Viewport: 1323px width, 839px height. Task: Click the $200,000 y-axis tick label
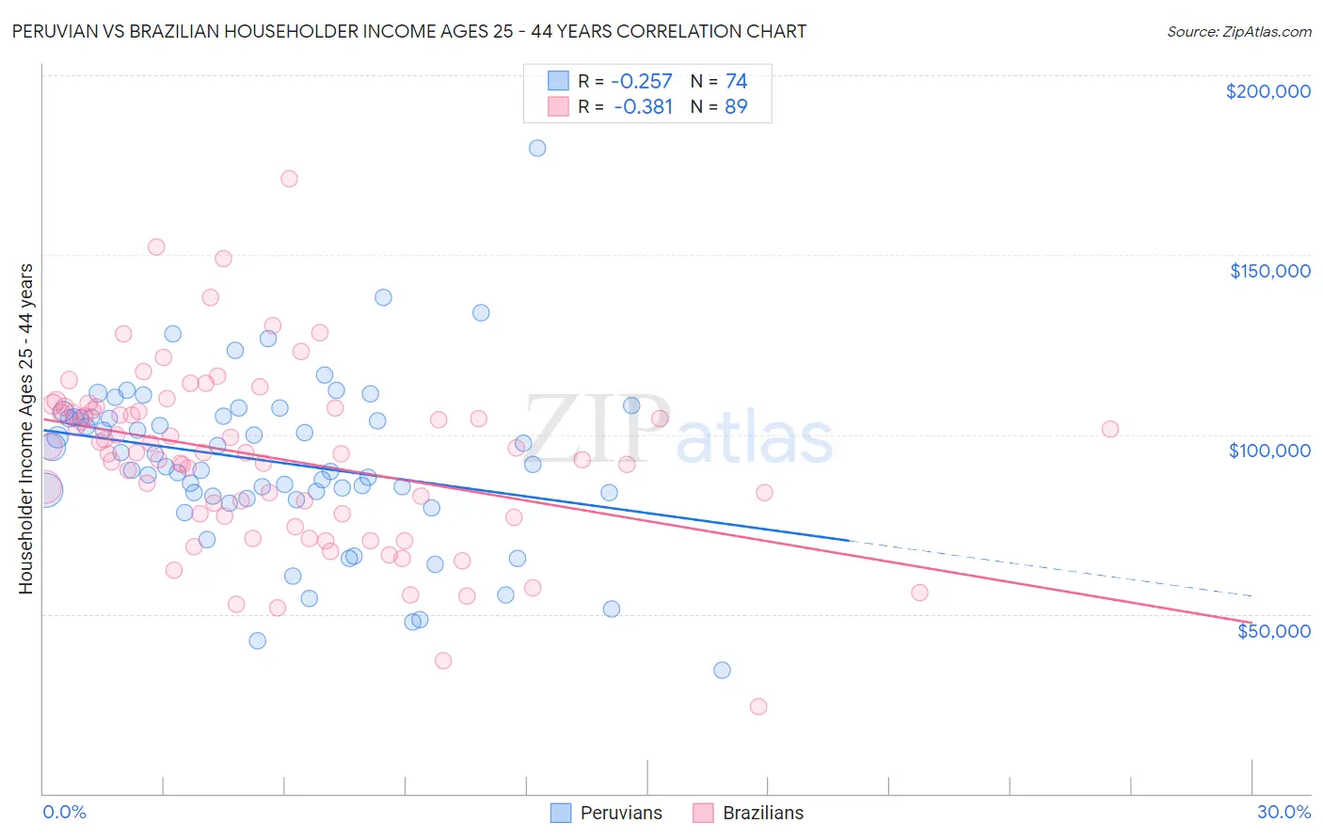(x=1267, y=91)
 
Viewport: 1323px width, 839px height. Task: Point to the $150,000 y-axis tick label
(x=1269, y=271)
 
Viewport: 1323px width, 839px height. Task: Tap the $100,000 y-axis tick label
(x=1269, y=451)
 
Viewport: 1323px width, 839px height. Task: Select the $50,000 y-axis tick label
(x=1273, y=631)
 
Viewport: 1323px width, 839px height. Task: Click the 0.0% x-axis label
(x=64, y=812)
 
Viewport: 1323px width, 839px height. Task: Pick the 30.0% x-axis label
(x=1283, y=812)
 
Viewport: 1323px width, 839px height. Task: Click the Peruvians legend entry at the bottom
(x=620, y=813)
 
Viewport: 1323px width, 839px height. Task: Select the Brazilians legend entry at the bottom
(x=762, y=813)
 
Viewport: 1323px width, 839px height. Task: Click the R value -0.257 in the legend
(x=643, y=81)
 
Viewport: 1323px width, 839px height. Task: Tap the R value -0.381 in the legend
(x=643, y=107)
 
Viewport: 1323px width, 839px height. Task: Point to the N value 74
(x=736, y=81)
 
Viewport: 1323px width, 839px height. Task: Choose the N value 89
(x=736, y=107)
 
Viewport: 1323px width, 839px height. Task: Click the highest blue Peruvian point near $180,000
(x=537, y=148)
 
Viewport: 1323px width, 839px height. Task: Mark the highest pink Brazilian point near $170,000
(x=289, y=179)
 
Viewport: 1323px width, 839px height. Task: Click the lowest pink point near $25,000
(x=758, y=706)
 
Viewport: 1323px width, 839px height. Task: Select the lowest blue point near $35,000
(x=722, y=670)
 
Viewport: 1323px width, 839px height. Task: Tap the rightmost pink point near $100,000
(x=1110, y=429)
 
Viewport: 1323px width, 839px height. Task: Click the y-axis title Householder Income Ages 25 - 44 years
(x=26, y=429)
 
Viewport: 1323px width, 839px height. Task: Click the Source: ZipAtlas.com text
(x=1238, y=31)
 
